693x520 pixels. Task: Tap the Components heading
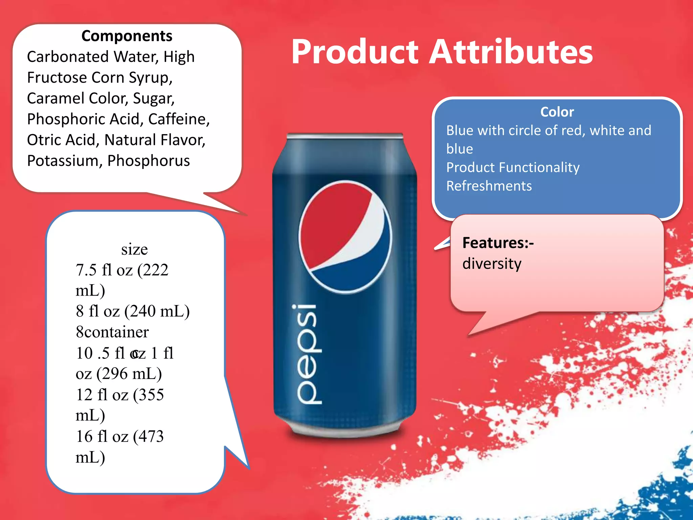pyautogui.click(x=127, y=36)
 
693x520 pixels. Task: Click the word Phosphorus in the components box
pyautogui.click(x=149, y=161)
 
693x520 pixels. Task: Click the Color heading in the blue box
pyautogui.click(x=557, y=112)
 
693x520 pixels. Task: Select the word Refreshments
pyautogui.click(x=489, y=186)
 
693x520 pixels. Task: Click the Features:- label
pyautogui.click(x=498, y=243)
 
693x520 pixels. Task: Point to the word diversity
pyautogui.click(x=492, y=264)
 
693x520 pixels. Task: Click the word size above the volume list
pyautogui.click(x=134, y=250)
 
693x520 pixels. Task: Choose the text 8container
pyautogui.click(x=112, y=332)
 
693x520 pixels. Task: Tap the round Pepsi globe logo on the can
pyautogui.click(x=345, y=237)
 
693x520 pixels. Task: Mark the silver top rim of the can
pyautogui.click(x=345, y=136)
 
